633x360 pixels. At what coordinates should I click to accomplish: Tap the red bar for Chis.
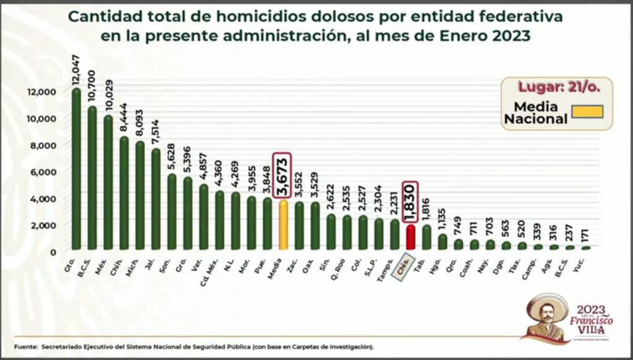coord(410,238)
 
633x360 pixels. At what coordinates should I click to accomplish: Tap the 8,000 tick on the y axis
coord(43,145)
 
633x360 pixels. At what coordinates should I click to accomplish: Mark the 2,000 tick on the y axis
coord(43,225)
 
